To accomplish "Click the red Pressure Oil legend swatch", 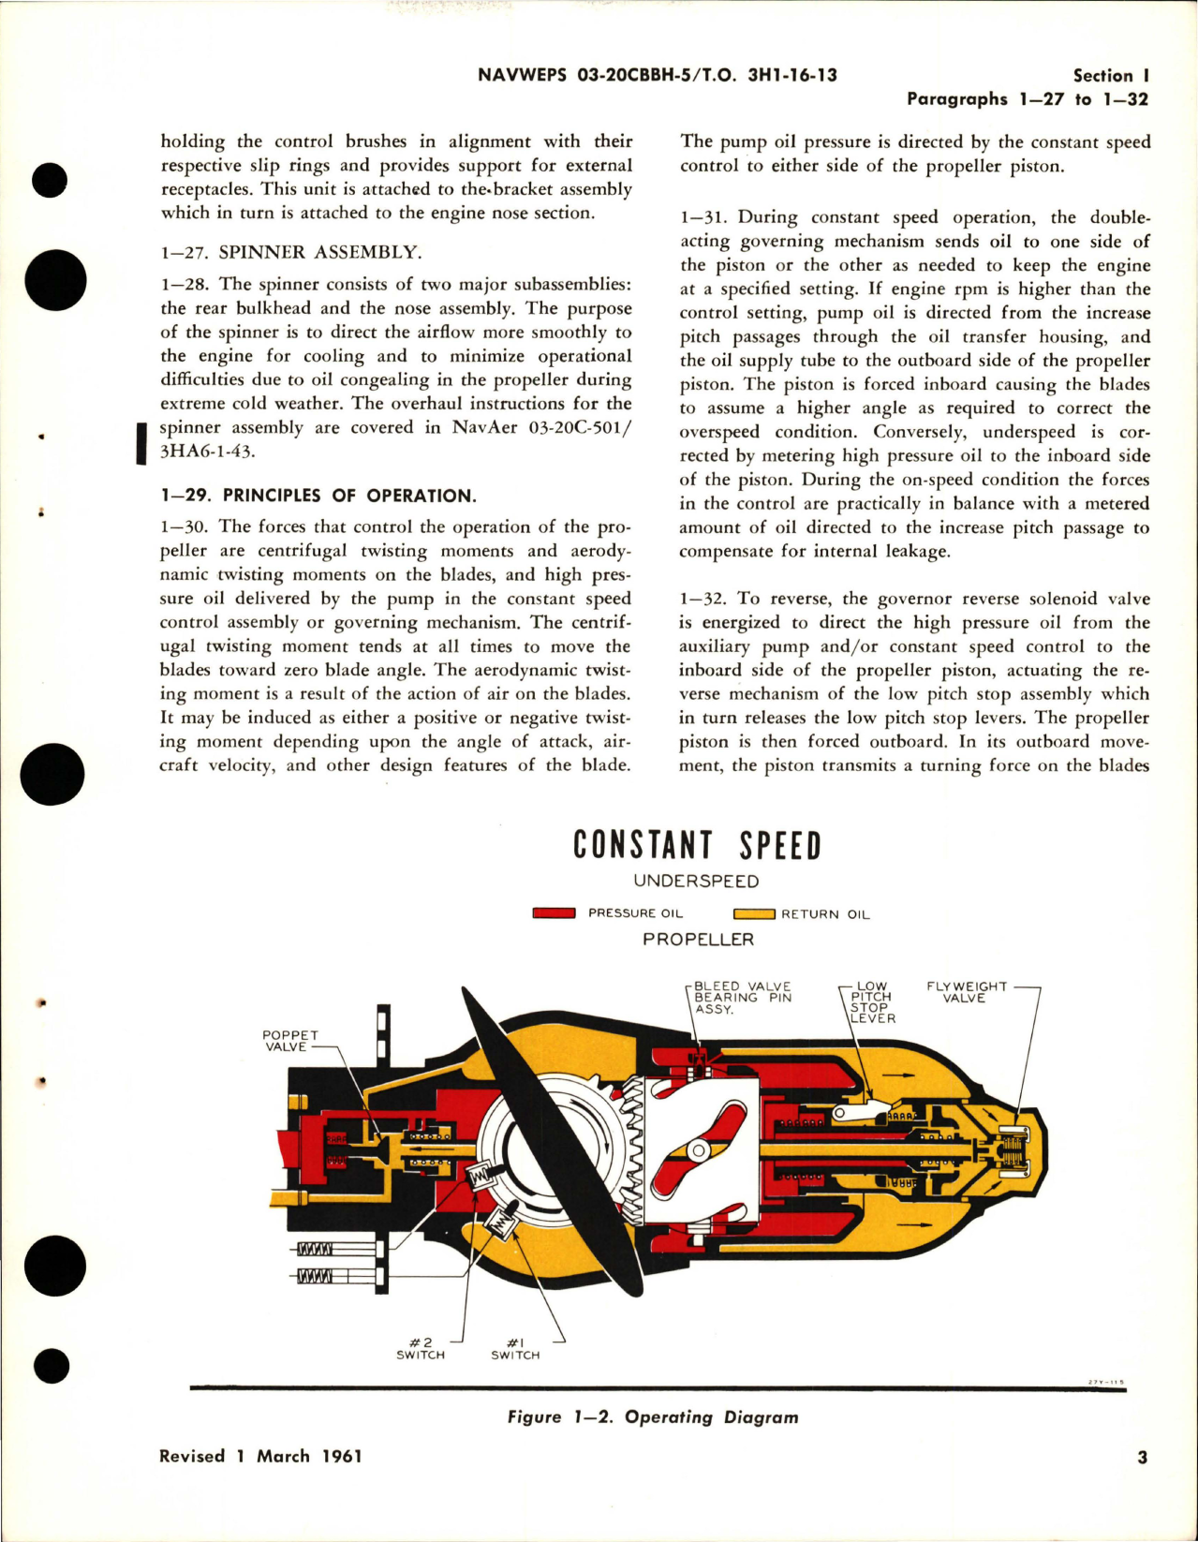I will coord(553,913).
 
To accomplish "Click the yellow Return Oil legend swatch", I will coord(753,914).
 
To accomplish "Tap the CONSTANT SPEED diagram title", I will coord(697,845).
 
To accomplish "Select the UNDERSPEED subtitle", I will coord(696,882).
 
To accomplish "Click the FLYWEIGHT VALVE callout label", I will coord(966,992).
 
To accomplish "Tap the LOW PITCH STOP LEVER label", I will coord(872,1002).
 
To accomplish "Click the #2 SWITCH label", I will coord(421,1349).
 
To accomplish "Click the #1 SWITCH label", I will coord(515,1349).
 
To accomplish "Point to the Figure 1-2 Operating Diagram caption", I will coord(653,1417).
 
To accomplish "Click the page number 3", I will coord(1142,1458).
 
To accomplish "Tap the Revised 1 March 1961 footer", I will coord(260,1457).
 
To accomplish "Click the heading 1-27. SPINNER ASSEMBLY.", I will coord(291,252).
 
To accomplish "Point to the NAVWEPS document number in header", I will coord(657,76).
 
